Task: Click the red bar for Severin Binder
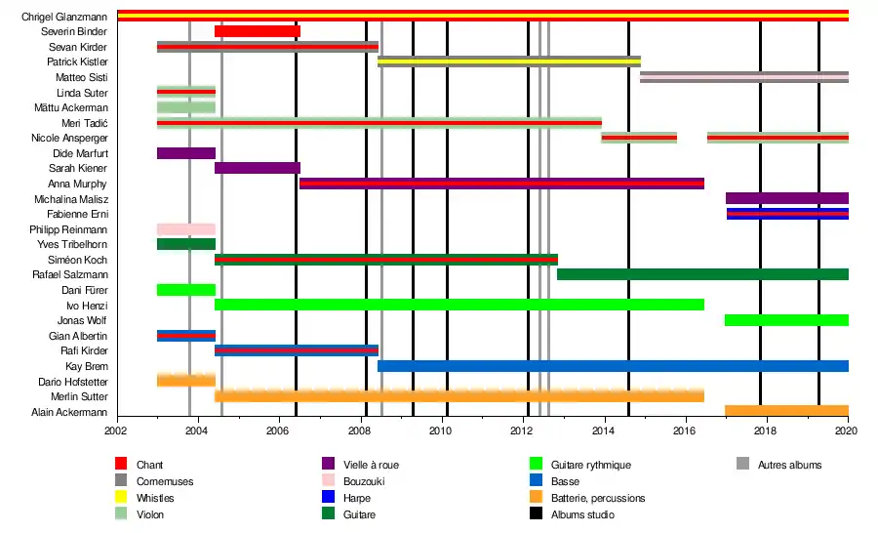[257, 31]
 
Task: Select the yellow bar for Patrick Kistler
[508, 61]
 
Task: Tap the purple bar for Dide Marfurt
[185, 153]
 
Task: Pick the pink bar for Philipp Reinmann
[185, 229]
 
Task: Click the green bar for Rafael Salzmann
[702, 274]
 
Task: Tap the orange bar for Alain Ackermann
[786, 411]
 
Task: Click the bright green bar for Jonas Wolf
[786, 320]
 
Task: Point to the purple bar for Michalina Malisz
[786, 198]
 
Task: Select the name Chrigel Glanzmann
[64, 17]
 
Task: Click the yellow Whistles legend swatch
[122, 497]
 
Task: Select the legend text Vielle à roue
[372, 465]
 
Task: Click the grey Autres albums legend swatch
[742, 465]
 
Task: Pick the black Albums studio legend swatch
[536, 514]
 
